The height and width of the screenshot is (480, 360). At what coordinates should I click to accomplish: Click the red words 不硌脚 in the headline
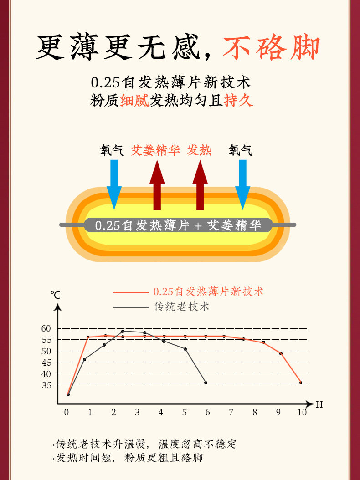click(x=271, y=47)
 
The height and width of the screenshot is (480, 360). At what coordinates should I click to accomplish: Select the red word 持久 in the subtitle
click(x=238, y=100)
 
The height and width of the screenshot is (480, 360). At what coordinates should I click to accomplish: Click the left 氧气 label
click(x=112, y=150)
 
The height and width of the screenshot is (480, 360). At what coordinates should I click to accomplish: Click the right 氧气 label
click(x=241, y=150)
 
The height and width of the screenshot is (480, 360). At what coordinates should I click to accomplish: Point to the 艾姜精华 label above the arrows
click(x=155, y=150)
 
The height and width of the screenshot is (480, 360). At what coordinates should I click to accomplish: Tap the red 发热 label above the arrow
click(x=199, y=150)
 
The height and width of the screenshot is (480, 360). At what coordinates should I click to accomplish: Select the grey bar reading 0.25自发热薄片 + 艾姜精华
click(x=178, y=225)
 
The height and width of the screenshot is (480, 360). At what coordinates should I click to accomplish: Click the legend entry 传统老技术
click(x=182, y=307)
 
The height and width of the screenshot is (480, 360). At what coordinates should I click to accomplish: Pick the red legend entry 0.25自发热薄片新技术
click(x=208, y=291)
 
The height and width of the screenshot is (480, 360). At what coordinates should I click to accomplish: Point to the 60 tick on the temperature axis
click(x=46, y=328)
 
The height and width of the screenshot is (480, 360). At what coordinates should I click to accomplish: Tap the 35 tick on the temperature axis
click(x=46, y=385)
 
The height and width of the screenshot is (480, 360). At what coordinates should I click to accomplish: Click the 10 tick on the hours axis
click(x=302, y=413)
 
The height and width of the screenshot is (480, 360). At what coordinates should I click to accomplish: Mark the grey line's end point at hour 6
click(x=206, y=383)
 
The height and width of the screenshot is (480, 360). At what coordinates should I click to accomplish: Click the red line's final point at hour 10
click(x=300, y=383)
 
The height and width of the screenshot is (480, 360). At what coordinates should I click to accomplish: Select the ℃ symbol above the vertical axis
click(x=56, y=295)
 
